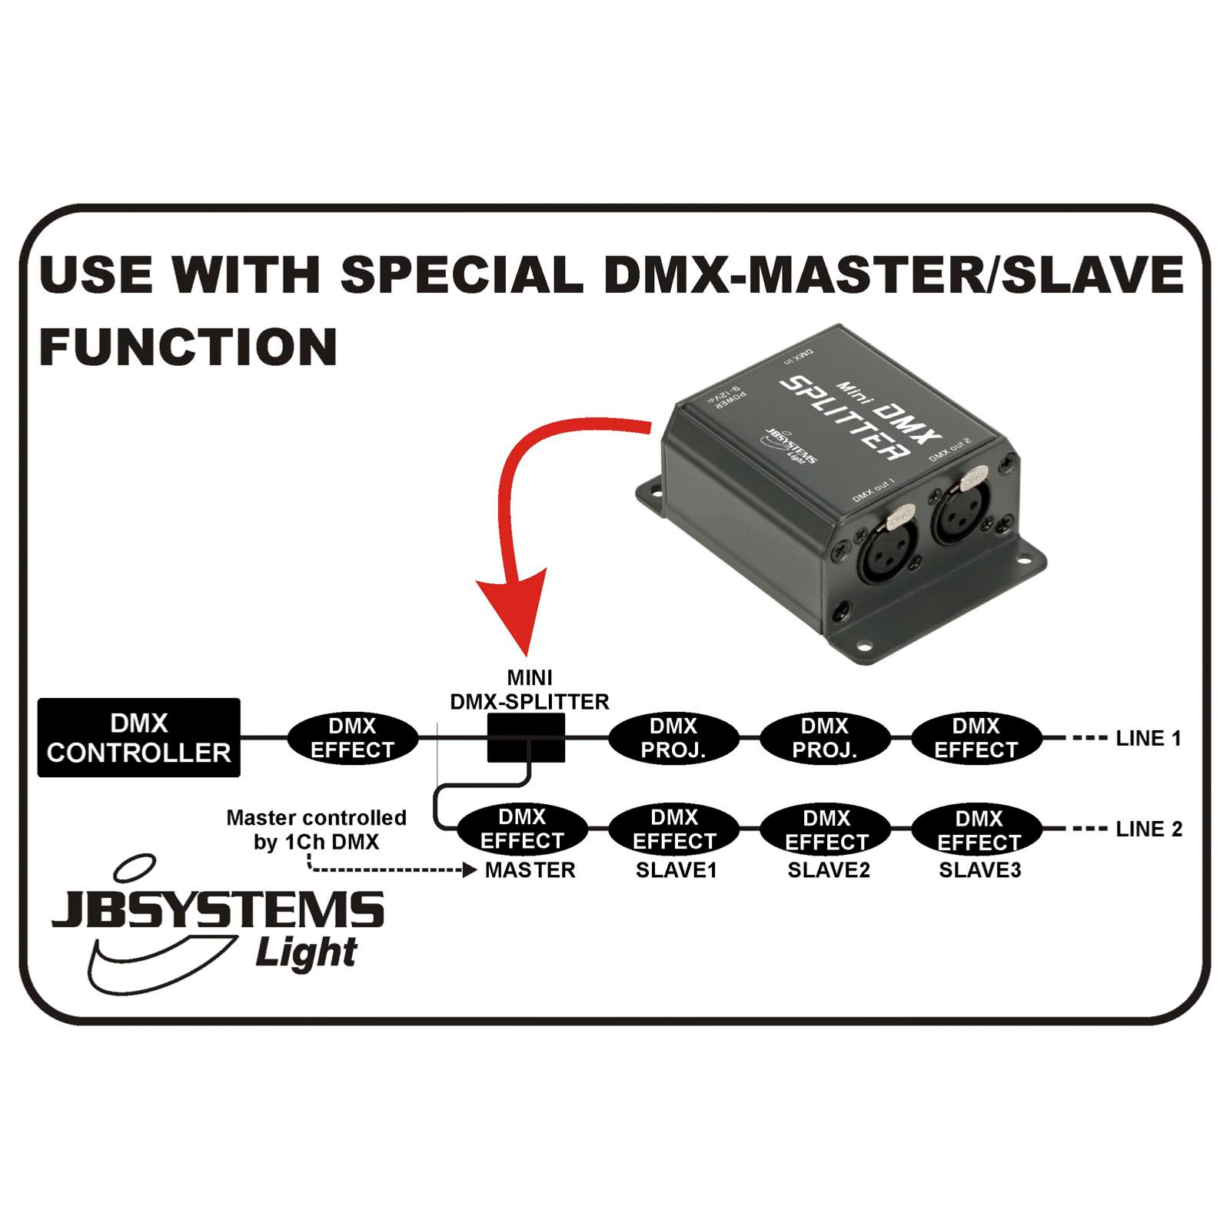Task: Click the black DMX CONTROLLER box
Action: (x=139, y=737)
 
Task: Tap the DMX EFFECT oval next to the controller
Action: (x=353, y=738)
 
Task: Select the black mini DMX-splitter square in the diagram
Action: (x=527, y=738)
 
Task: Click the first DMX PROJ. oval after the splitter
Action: (x=673, y=738)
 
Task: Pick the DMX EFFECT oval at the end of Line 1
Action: (x=976, y=738)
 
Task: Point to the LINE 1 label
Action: (x=1149, y=739)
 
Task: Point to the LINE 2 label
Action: (x=1149, y=829)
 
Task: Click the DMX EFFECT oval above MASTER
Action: (x=523, y=829)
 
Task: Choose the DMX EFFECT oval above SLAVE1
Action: (x=673, y=829)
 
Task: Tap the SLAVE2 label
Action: (x=829, y=870)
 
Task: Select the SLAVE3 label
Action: (x=980, y=870)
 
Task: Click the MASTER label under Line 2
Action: (x=530, y=870)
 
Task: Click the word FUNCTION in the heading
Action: (x=188, y=347)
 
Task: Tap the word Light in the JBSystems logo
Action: (x=306, y=953)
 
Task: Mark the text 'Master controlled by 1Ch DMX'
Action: (x=317, y=829)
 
